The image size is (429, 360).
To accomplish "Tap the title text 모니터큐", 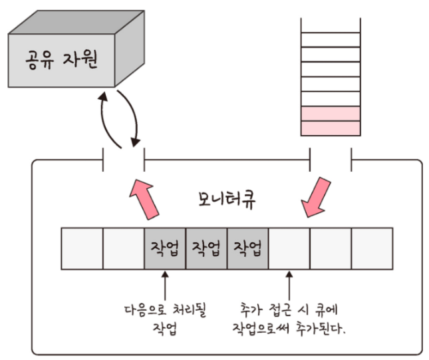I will click(226, 200).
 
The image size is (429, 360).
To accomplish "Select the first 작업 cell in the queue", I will click(165, 248).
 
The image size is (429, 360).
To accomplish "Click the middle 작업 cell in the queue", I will click(206, 248).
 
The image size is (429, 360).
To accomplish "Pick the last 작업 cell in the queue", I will click(247, 248).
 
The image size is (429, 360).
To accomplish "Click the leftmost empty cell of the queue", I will click(82, 248).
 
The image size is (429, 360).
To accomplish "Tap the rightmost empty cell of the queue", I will click(372, 248).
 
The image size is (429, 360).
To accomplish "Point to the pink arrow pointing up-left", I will click(147, 196).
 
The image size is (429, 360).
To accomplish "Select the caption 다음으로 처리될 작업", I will click(164, 319).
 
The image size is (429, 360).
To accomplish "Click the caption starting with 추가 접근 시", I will click(290, 319).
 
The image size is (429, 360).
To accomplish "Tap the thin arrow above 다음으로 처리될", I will click(165, 283).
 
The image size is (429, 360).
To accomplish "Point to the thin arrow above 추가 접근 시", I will click(289, 283).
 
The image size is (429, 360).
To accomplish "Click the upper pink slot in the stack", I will click(331, 113).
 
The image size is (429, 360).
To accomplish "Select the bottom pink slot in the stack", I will click(331, 128).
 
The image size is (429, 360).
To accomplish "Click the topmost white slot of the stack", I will click(331, 24).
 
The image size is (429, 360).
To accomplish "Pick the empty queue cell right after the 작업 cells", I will click(289, 248).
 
